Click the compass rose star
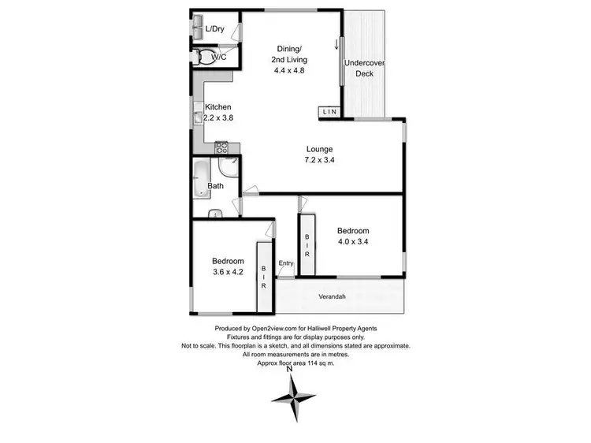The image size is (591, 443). click(x=295, y=398)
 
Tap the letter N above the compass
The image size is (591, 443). click(x=290, y=367)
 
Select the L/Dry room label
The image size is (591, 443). click(x=215, y=30)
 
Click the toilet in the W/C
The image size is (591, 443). click(x=204, y=57)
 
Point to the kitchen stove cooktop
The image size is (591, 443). click(x=221, y=146)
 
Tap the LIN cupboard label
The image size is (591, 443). click(x=329, y=113)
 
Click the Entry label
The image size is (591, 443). click(x=285, y=263)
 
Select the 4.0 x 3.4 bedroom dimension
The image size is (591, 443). click(x=353, y=242)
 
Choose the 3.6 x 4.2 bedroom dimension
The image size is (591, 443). click(x=228, y=272)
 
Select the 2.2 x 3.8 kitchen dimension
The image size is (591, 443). click(x=218, y=117)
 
